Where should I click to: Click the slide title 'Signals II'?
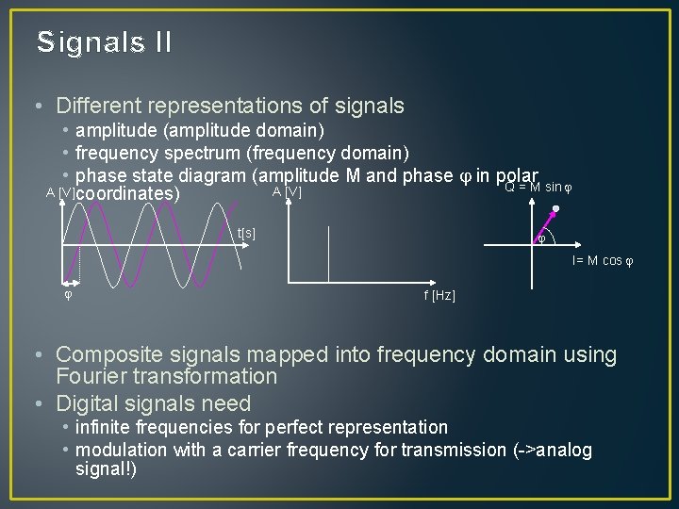(104, 42)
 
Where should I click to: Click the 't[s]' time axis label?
(246, 233)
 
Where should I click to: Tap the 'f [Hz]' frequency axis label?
(439, 296)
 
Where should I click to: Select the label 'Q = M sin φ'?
(538, 187)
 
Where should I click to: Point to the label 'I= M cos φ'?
(602, 260)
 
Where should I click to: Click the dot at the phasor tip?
(556, 209)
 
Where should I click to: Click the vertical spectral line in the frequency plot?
(328, 254)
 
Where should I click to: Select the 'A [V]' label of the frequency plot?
(287, 192)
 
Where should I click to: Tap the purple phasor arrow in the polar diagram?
(546, 226)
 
